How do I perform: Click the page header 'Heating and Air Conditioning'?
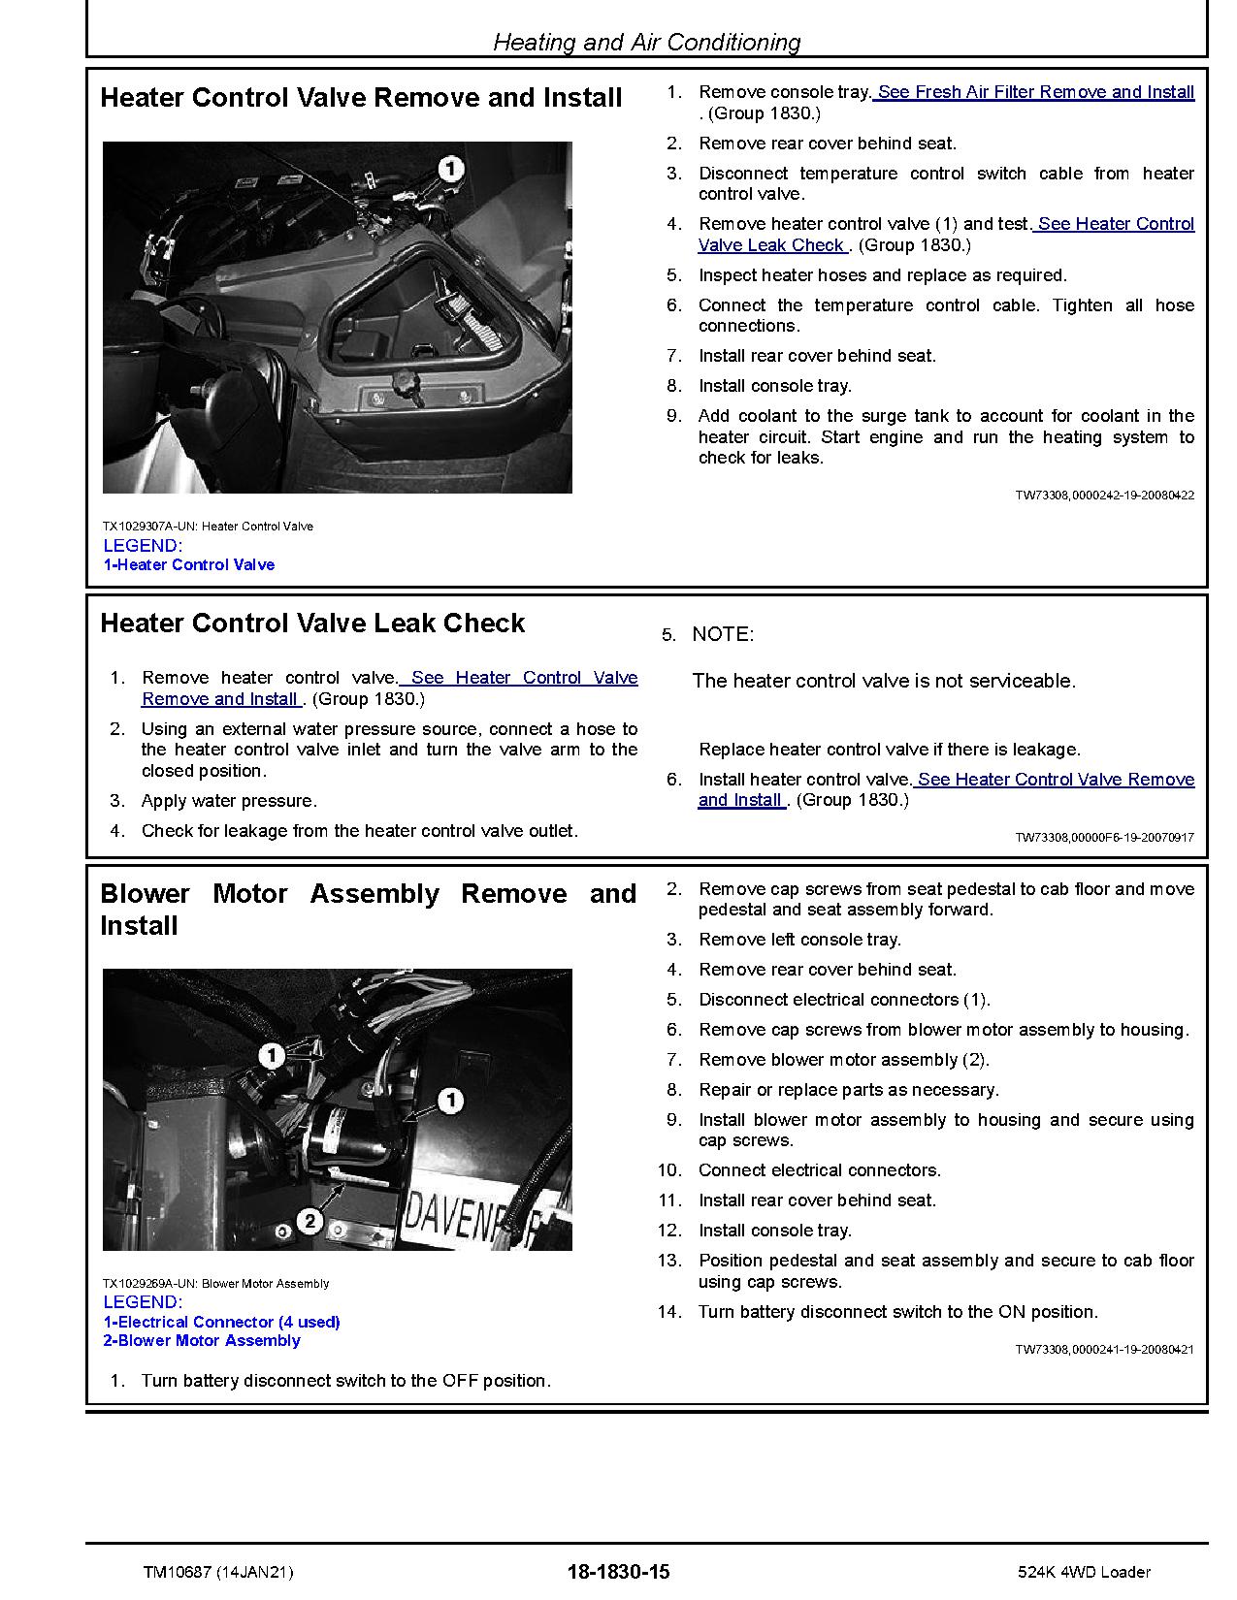pyautogui.click(x=646, y=42)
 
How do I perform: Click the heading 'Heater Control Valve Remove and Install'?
pyautogui.click(x=361, y=98)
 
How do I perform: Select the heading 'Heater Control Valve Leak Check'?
pyautogui.click(x=312, y=624)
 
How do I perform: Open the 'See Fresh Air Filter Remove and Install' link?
pyautogui.click(x=1035, y=92)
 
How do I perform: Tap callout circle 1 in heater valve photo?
pyautogui.click(x=450, y=170)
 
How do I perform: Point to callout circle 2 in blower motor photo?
pyautogui.click(x=309, y=1220)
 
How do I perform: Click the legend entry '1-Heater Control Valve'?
pyautogui.click(x=189, y=565)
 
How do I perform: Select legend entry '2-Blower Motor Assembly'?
pyautogui.click(x=202, y=1341)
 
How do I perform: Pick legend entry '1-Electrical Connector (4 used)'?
pyautogui.click(x=221, y=1323)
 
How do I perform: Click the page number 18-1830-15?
pyautogui.click(x=618, y=1572)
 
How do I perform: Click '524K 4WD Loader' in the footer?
pyautogui.click(x=1084, y=1572)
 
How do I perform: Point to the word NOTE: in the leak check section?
pyautogui.click(x=723, y=635)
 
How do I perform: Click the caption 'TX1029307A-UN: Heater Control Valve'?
pyautogui.click(x=208, y=527)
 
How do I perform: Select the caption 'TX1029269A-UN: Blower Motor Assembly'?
pyautogui.click(x=215, y=1284)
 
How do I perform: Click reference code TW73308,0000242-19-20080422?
pyautogui.click(x=1104, y=496)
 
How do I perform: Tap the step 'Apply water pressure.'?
pyautogui.click(x=229, y=802)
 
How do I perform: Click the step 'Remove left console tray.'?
pyautogui.click(x=799, y=940)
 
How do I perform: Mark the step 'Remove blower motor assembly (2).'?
pyautogui.click(x=843, y=1060)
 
